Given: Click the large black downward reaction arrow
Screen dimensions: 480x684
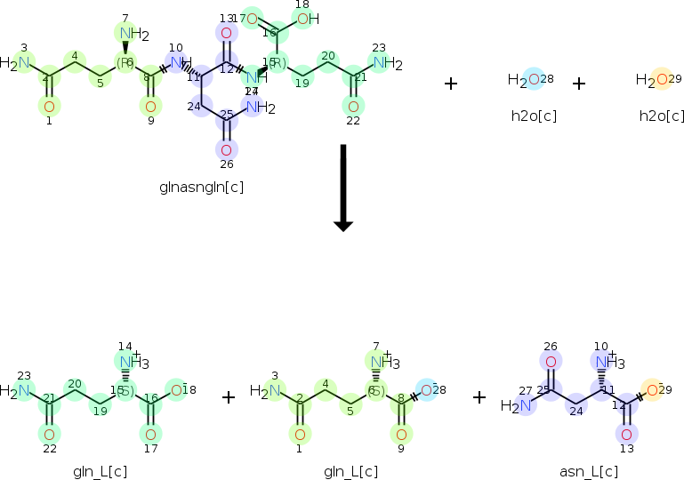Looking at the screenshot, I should click(343, 188).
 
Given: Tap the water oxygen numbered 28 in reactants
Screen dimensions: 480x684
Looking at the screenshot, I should click(533, 81).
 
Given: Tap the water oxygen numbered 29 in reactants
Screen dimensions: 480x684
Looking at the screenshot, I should click(661, 81).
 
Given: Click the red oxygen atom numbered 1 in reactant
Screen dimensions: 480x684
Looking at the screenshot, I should click(49, 107).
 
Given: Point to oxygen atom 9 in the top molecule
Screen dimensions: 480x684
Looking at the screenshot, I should click(150, 107).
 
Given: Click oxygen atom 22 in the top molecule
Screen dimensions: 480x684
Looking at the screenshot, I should click(353, 107).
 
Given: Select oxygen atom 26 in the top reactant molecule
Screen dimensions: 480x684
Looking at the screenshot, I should click(226, 149).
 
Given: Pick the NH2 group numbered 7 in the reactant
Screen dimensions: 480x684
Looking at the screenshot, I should click(129, 35).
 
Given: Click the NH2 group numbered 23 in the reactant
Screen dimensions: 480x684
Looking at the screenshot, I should click(385, 63).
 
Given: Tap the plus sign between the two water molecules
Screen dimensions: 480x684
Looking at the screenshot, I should click(579, 84).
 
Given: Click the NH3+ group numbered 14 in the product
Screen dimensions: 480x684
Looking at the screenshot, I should click(131, 362).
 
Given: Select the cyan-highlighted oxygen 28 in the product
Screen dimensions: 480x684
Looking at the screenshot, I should click(428, 389).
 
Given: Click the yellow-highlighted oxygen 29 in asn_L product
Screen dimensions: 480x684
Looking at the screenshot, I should click(653, 389).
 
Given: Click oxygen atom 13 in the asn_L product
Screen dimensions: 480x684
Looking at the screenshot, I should click(627, 433).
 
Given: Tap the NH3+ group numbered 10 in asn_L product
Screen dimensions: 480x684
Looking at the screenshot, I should click(608, 363).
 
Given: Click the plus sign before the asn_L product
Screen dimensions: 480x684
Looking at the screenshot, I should click(479, 396).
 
